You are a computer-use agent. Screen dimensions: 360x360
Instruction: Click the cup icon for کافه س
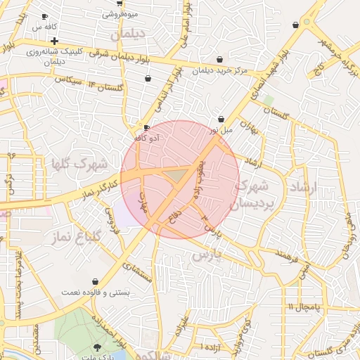[46, 16]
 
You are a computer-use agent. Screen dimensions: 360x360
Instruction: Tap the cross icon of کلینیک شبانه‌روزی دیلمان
[54, 41]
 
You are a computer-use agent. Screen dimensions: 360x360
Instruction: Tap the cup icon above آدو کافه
[146, 128]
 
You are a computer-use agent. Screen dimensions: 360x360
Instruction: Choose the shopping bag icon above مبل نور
[221, 120]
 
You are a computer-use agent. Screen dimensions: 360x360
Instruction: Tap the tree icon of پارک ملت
[97, 348]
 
